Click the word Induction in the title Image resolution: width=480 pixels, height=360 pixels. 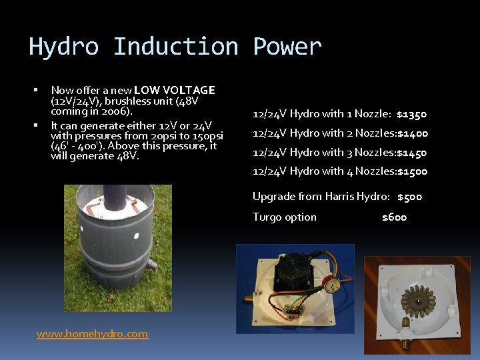tap(175, 47)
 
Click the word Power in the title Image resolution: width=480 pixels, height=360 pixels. tap(287, 47)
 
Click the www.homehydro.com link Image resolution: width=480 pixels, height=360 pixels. tap(92, 334)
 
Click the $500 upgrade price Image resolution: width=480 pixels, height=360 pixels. tap(409, 197)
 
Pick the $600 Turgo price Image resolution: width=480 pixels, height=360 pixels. tap(394, 217)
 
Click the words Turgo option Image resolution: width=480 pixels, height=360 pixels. tap(285, 217)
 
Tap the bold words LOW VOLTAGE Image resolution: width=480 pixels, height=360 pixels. tap(174, 90)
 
